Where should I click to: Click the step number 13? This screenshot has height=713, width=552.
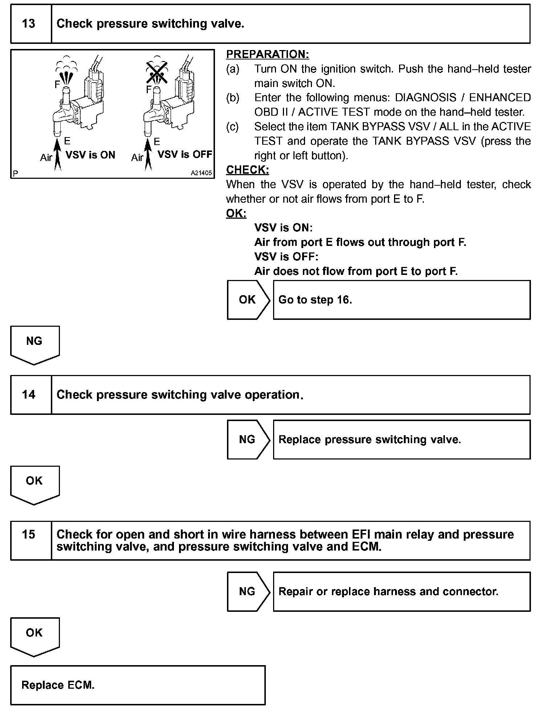point(29,24)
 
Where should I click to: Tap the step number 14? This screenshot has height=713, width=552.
point(29,395)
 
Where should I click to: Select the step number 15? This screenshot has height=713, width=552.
point(29,534)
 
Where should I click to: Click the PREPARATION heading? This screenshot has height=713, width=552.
point(267,54)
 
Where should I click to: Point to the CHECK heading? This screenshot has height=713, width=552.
point(247,170)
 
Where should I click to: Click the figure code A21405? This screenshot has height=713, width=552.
point(201,173)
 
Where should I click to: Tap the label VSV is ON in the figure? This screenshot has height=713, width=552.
point(90,155)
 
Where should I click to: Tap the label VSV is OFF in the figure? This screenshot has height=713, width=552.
point(185,154)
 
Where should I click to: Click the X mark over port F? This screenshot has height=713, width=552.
point(157,72)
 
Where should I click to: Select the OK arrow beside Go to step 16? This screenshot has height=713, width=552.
point(248,300)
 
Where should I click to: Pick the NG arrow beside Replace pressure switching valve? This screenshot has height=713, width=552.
point(248,440)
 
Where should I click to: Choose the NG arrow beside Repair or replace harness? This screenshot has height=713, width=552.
point(248,592)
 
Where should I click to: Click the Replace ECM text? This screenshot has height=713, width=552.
point(58,685)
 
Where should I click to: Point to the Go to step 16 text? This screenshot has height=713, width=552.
point(315,300)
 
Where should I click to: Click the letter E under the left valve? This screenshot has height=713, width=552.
point(67,141)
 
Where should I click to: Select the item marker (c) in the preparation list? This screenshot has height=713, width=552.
point(232,127)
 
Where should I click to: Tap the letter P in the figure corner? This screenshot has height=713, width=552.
point(15,174)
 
